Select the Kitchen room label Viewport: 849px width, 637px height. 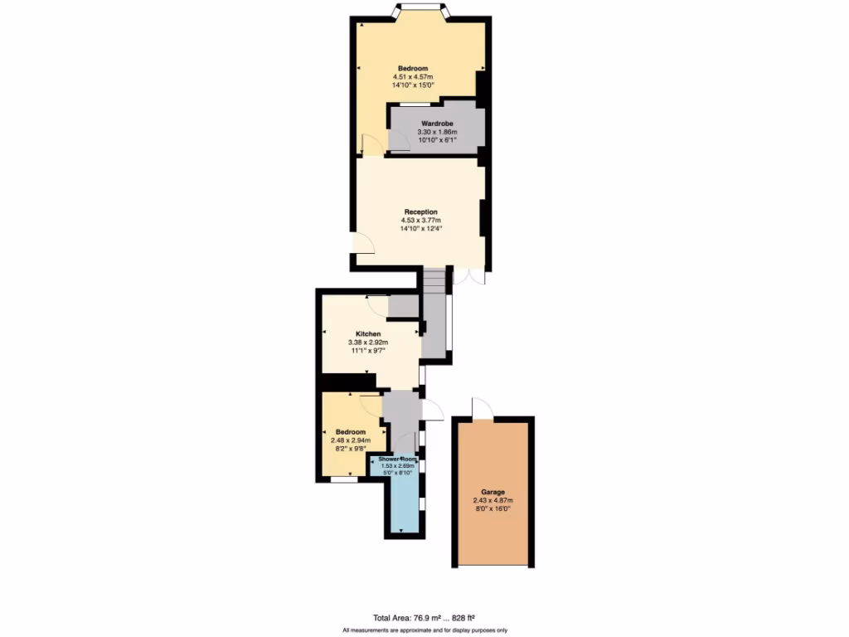368,333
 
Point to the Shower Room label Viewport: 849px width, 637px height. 398,458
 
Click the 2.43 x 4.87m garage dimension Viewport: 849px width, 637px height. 492,500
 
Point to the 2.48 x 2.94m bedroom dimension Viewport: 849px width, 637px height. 351,440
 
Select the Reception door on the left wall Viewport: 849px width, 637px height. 364,242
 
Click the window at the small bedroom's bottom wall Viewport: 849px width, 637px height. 344,479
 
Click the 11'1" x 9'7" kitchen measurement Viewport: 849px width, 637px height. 368,350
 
